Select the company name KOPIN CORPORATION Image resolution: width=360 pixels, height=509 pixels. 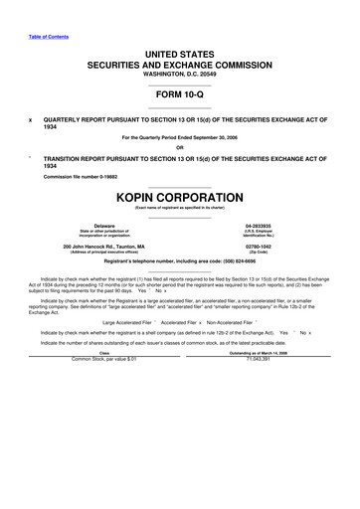click(180, 197)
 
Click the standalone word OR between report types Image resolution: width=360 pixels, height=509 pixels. click(180, 147)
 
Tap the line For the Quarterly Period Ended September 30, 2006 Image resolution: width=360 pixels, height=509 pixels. click(180, 137)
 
